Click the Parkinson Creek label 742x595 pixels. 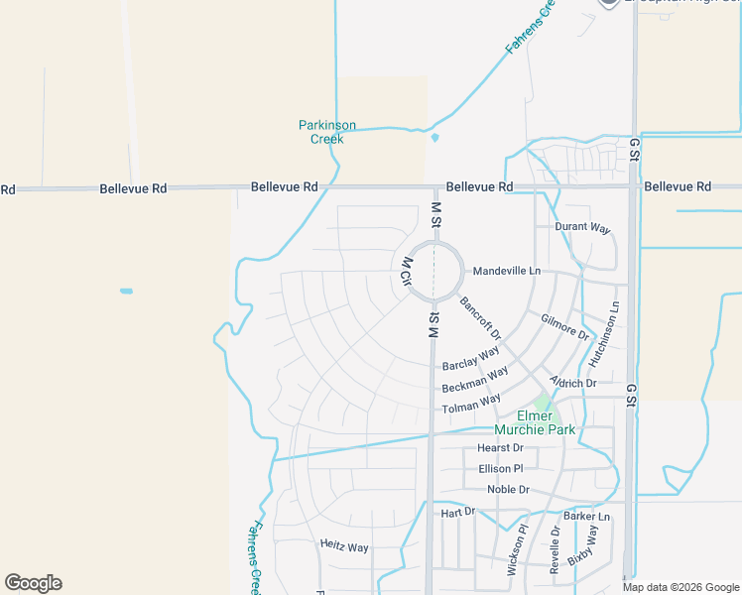pyautogui.click(x=327, y=132)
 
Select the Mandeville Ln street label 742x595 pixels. pyautogui.click(x=507, y=271)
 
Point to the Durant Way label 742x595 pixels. pyautogui.click(x=582, y=227)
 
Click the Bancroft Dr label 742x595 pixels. pyautogui.click(x=481, y=317)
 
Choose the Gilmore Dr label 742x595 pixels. pyautogui.click(x=564, y=324)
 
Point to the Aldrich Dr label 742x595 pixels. pyautogui.click(x=573, y=383)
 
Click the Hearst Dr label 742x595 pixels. pyautogui.click(x=500, y=448)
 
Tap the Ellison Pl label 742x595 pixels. pyautogui.click(x=500, y=468)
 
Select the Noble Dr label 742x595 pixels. pyautogui.click(x=509, y=490)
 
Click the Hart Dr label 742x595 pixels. pyautogui.click(x=458, y=512)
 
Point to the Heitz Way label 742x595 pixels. pyautogui.click(x=344, y=546)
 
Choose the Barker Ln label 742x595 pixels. pyautogui.click(x=586, y=517)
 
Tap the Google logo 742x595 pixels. pyautogui.click(x=33, y=583)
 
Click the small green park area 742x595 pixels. pyautogui.click(x=542, y=403)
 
